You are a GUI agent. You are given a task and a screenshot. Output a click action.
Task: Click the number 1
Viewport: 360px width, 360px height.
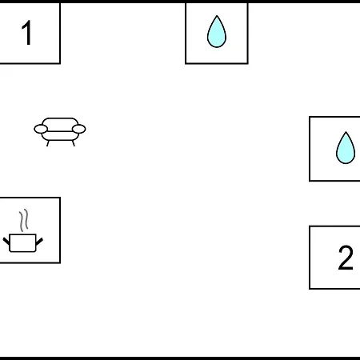[27, 33]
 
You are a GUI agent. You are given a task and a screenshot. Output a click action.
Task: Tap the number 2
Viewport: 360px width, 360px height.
[346, 258]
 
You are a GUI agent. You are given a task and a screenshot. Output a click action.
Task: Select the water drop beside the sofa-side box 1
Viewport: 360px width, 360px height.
[217, 32]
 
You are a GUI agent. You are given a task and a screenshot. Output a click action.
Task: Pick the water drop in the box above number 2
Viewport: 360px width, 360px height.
[346, 148]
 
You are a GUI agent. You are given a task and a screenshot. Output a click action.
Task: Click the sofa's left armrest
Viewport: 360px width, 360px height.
[41, 129]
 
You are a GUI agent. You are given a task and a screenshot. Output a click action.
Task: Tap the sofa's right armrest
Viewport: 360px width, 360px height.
[79, 129]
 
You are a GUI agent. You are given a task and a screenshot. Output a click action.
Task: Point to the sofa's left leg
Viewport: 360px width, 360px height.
[48, 143]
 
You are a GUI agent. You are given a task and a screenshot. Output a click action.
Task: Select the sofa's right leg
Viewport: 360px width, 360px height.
[74, 143]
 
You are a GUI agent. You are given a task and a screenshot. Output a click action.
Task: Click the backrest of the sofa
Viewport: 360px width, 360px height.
[60, 122]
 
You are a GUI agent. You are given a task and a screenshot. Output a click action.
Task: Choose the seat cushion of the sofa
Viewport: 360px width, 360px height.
[60, 136]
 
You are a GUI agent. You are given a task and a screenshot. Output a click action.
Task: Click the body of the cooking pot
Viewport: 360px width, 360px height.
[22, 243]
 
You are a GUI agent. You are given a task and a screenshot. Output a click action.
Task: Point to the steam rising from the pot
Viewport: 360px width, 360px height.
[23, 220]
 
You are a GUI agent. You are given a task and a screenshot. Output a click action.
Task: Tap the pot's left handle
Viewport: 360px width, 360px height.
[6, 242]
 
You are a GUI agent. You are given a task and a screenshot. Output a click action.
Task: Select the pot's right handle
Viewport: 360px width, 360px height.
[39, 242]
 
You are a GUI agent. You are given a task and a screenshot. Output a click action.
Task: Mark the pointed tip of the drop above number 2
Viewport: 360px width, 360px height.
[346, 132]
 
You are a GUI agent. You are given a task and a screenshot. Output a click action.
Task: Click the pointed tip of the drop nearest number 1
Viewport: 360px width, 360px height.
[217, 15]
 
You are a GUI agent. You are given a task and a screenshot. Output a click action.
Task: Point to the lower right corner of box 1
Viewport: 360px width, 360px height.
[60, 63]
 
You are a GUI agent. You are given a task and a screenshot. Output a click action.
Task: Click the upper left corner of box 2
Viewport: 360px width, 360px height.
[310, 226]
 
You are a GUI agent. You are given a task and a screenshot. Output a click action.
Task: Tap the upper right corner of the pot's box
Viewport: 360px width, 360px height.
[60, 198]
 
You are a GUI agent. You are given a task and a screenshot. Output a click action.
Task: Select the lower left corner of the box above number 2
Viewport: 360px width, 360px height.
[310, 181]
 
